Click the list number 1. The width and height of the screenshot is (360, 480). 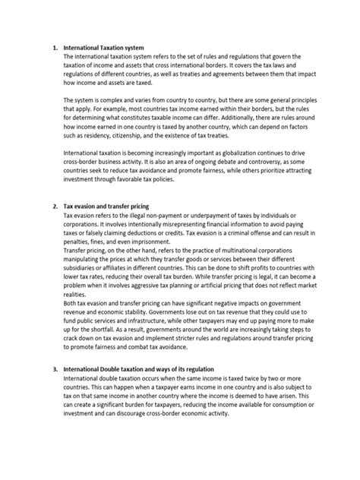pyautogui.click(x=55, y=47)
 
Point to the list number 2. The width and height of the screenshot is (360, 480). pyautogui.click(x=55, y=207)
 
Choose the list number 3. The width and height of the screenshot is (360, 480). pyautogui.click(x=55, y=389)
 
